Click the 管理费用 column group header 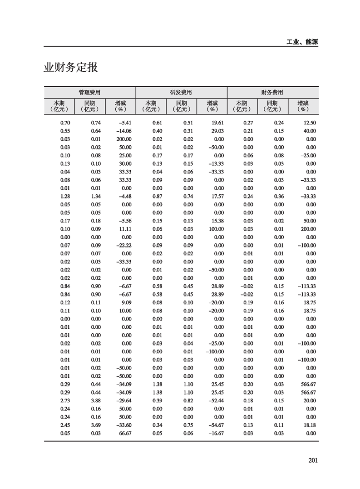click(x=90, y=92)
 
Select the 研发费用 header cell click(x=181, y=92)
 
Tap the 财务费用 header click(x=272, y=92)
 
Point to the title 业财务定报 click(x=71, y=68)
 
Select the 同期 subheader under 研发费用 click(x=181, y=106)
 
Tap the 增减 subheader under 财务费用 click(x=302, y=106)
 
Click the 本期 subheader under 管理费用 click(x=60, y=106)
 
